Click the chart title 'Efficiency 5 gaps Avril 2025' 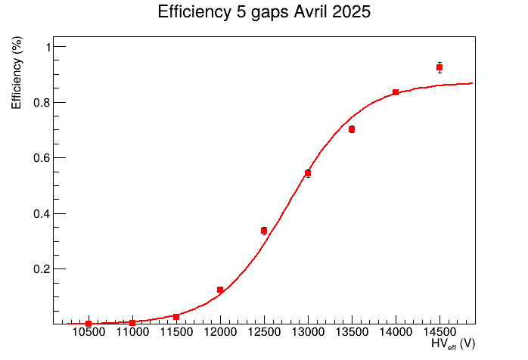point(264,13)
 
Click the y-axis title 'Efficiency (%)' point(17,74)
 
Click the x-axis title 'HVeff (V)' point(452,344)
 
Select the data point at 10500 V point(89,324)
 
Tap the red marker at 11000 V point(132,323)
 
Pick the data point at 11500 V point(176,317)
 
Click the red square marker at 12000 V point(220,290)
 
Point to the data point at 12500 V point(264,231)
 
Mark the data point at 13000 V point(308,173)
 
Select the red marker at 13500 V point(352,129)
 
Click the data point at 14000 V point(396,92)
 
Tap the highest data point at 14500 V point(439,67)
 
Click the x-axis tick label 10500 point(89,334)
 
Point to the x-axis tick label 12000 point(220,334)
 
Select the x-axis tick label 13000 point(308,334)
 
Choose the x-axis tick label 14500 point(439,334)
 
